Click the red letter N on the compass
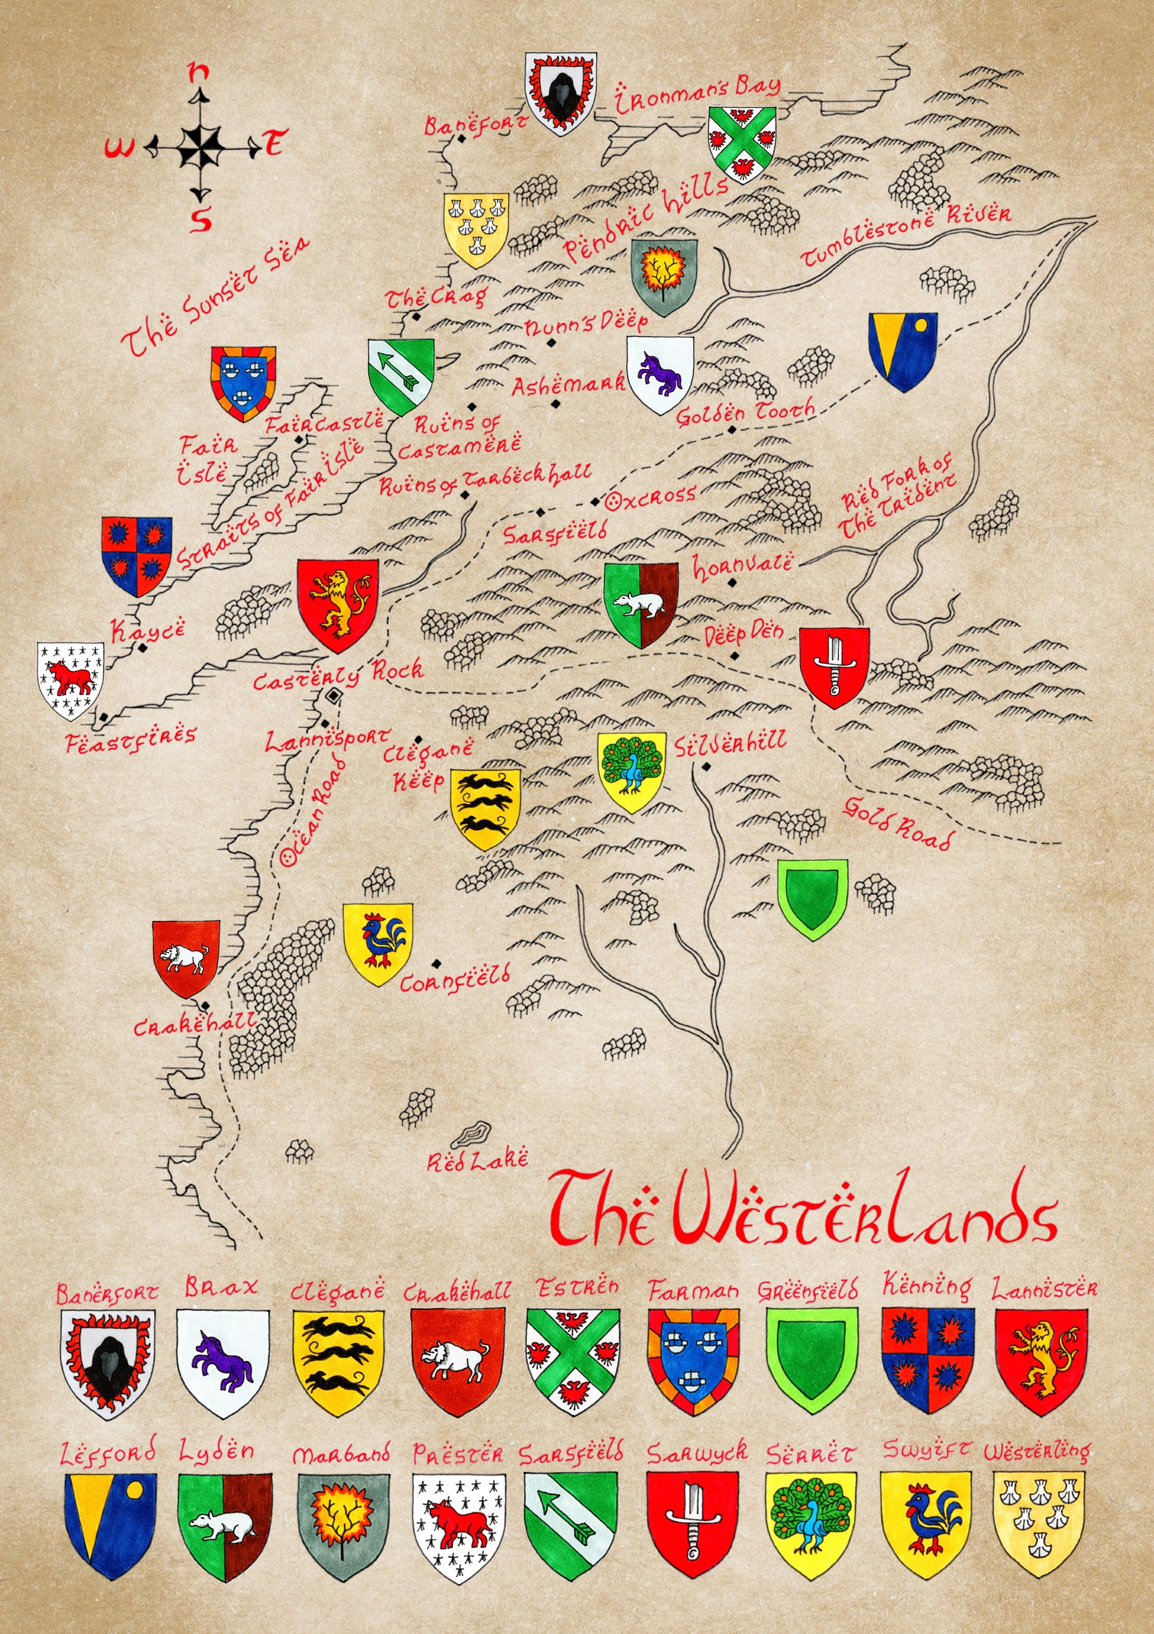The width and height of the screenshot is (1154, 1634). point(200,71)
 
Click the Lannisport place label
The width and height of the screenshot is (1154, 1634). point(327,740)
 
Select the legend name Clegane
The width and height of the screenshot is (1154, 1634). point(337,1290)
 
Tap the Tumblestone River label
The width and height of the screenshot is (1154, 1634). point(905,235)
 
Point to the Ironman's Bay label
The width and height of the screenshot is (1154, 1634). point(697,96)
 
